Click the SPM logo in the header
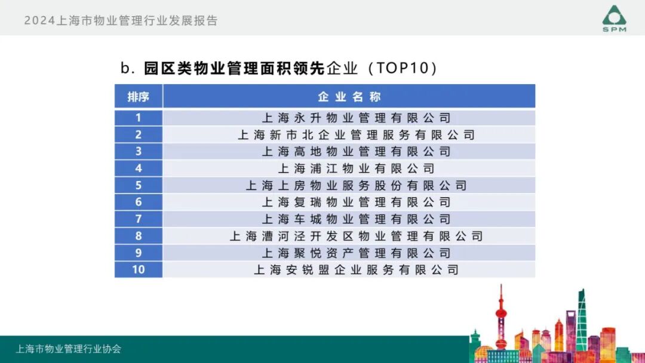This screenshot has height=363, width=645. tap(614, 19)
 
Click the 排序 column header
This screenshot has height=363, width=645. tap(138, 97)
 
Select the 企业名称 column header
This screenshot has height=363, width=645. tap(349, 97)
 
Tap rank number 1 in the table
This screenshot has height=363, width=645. tap(138, 118)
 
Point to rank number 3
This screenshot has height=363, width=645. tap(138, 152)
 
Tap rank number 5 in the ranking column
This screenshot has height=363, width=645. tap(138, 185)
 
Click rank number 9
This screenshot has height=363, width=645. tap(138, 253)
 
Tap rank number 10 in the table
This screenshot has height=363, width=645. tap(138, 270)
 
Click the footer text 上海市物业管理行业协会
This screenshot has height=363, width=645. tap(68, 349)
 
